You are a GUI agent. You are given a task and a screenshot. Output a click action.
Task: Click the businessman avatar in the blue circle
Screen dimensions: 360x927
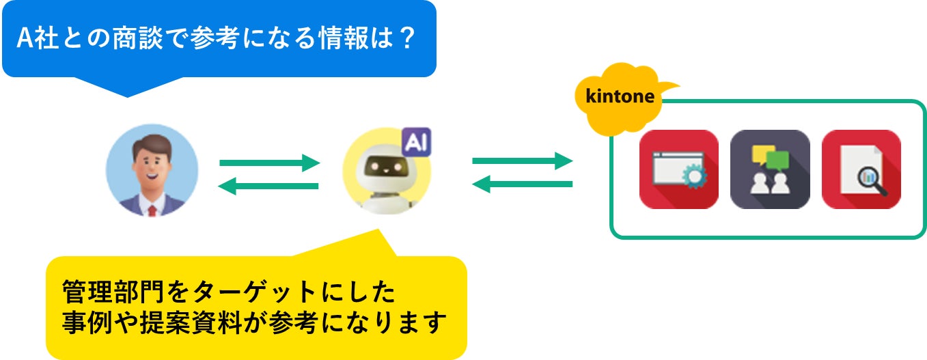152,171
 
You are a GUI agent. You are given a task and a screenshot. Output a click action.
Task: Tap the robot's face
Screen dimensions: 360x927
385,165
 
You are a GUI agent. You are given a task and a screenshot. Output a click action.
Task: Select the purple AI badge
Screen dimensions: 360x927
415,143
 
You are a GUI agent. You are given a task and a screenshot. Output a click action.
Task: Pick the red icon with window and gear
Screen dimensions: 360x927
678,169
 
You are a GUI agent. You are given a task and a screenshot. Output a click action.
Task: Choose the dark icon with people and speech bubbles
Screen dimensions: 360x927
770,169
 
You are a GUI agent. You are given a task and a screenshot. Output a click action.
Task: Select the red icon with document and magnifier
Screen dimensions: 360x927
861,169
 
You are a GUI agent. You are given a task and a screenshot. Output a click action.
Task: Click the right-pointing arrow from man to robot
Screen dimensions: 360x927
269,163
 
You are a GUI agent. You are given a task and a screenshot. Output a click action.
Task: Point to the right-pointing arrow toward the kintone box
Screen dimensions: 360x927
522,161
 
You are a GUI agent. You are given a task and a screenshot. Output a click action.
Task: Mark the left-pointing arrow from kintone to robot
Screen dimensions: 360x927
522,184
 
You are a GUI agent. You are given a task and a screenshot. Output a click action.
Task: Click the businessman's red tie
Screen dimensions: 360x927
152,209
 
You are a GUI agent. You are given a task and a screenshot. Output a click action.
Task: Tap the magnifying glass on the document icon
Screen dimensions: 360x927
871,182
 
